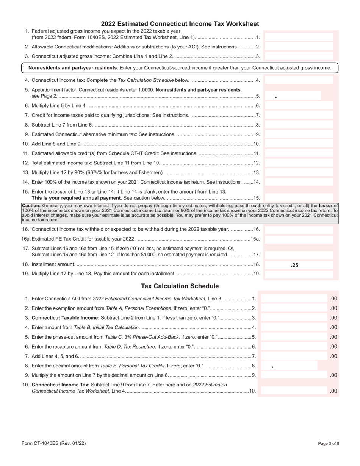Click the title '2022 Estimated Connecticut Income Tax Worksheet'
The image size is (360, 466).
tap(180, 24)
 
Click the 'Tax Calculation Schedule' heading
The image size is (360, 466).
tap(180, 286)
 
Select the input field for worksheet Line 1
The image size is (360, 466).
tap(299, 37)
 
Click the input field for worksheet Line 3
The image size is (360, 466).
tap(299, 56)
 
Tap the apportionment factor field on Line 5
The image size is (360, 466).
tap(293, 96)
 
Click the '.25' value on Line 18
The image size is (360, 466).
tap(294, 265)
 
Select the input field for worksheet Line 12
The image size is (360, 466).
tap(299, 163)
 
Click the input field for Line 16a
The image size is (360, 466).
tap(299, 239)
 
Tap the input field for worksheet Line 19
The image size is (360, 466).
tap(299, 274)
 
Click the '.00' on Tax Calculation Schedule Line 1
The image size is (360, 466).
tap(333, 299)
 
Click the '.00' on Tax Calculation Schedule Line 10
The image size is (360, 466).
tap(333, 391)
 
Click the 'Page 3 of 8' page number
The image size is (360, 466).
tap(329, 443)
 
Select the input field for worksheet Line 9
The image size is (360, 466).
tap(299, 134)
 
